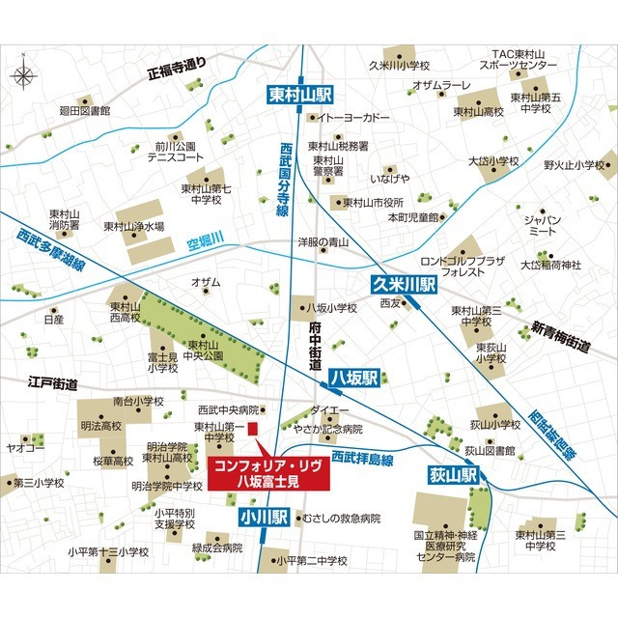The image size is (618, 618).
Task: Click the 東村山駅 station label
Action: click(x=299, y=94)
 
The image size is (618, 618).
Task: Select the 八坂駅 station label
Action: click(x=353, y=377)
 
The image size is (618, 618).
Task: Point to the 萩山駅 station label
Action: click(x=454, y=476)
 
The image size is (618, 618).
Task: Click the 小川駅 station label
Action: click(x=264, y=519)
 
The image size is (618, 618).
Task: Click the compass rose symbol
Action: click(x=26, y=73)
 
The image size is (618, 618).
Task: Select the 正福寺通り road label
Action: click(x=176, y=66)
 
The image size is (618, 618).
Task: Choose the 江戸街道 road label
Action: click(x=52, y=383)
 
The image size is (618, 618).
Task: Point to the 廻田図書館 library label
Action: click(x=85, y=112)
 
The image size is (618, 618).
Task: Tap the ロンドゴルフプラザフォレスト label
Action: click(x=463, y=267)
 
